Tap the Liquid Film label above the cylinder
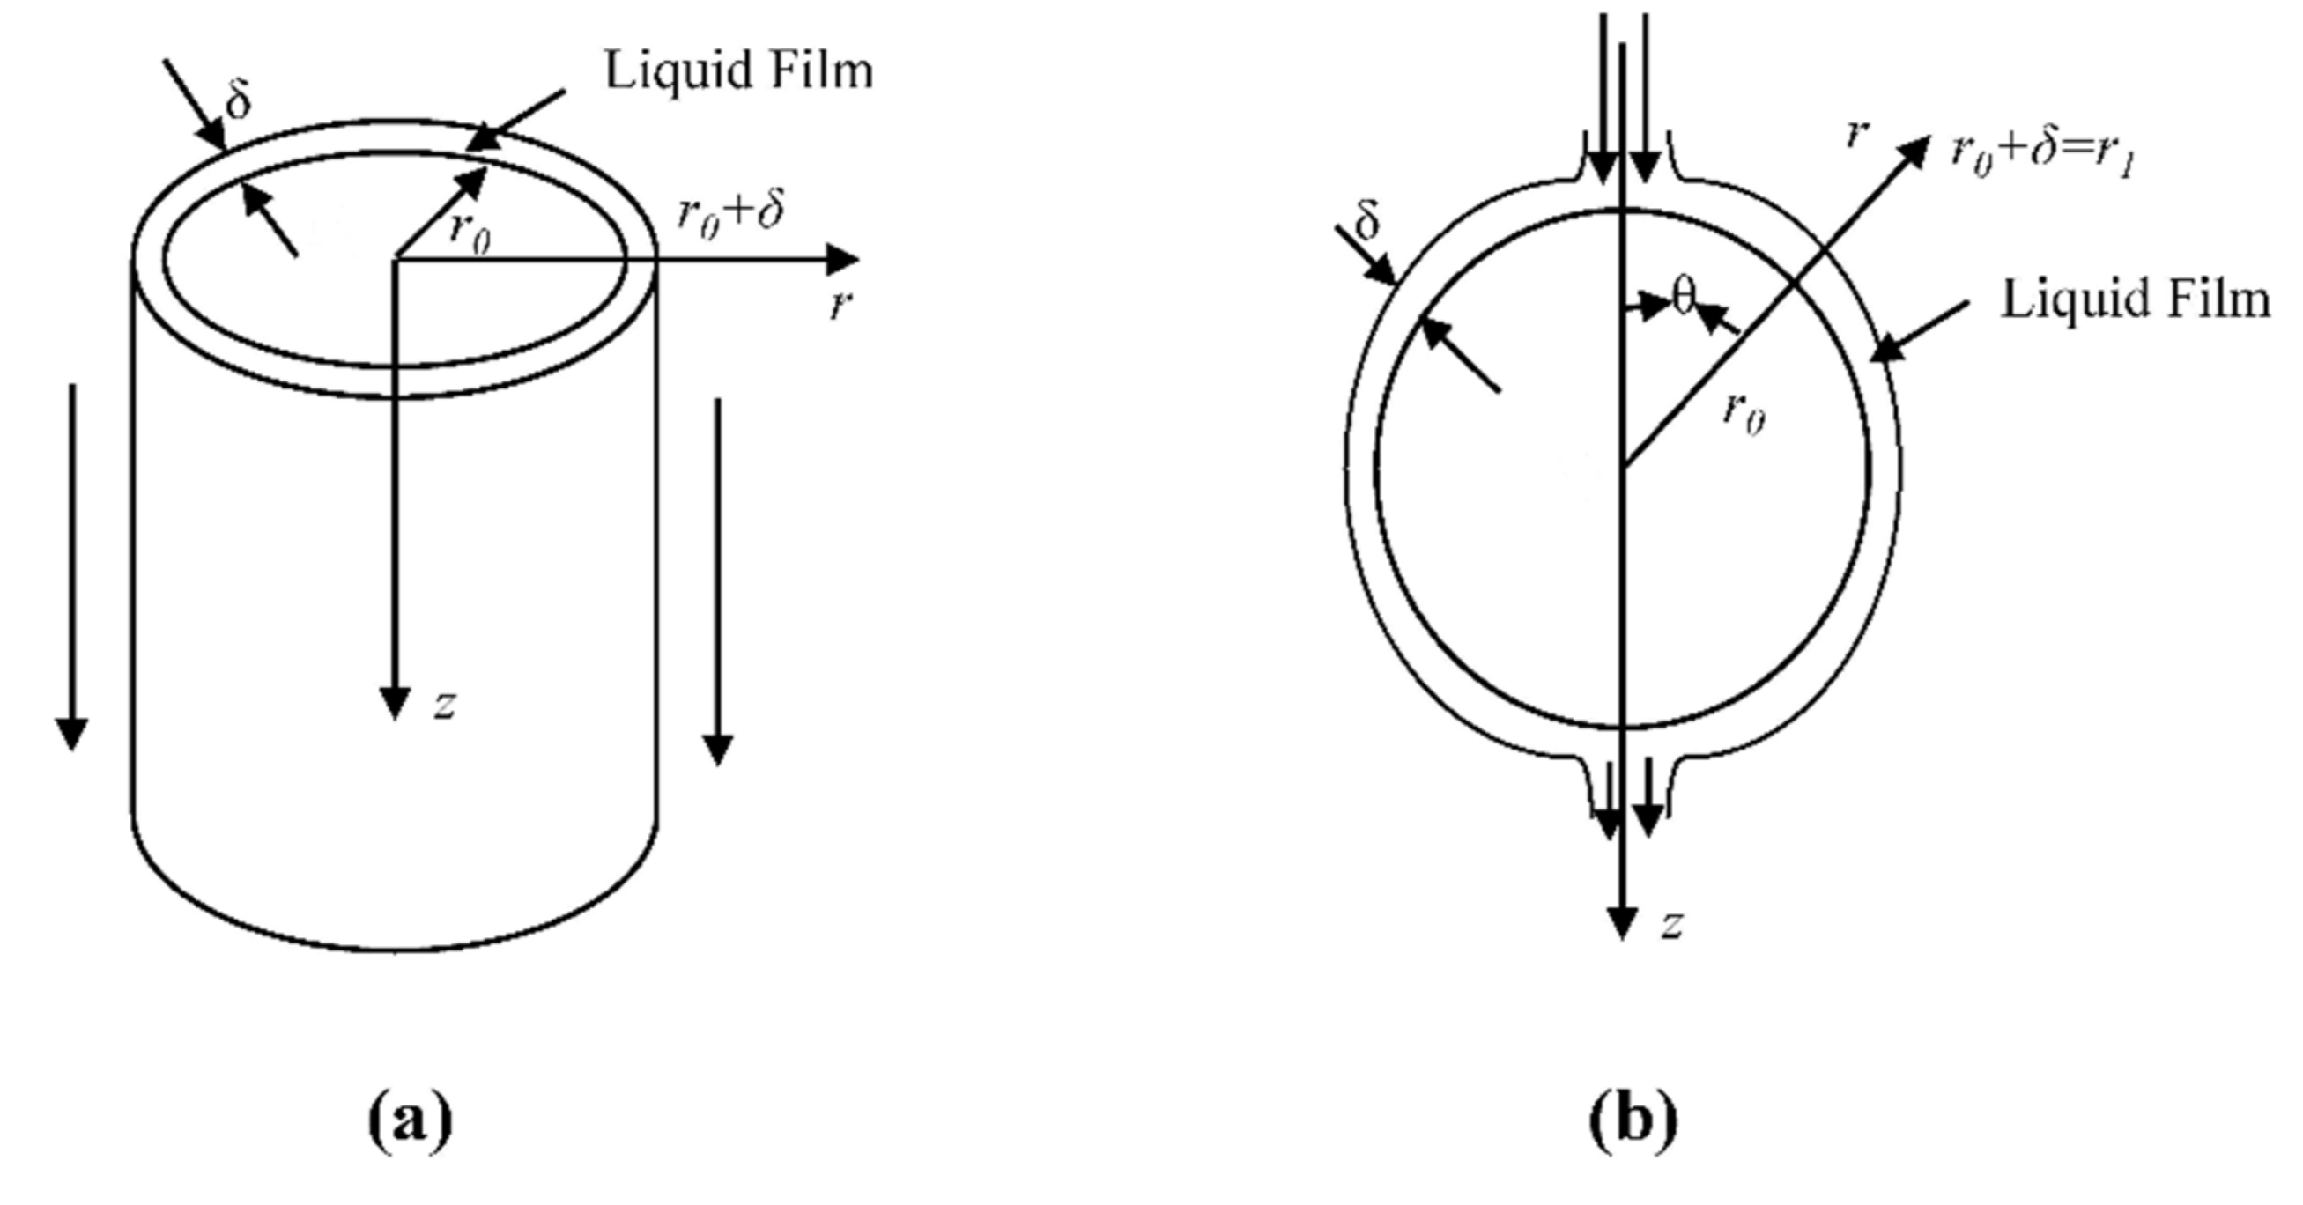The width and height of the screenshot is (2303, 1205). click(738, 70)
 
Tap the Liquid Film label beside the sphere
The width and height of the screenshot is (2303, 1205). click(2135, 300)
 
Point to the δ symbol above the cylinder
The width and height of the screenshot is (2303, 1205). click(238, 102)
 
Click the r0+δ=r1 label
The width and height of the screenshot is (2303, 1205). click(2044, 157)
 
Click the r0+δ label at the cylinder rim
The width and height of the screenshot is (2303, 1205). click(730, 215)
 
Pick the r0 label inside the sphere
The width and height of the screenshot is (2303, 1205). click(1744, 413)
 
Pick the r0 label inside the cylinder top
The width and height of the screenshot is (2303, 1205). click(470, 231)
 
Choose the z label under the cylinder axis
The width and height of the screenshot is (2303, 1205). click(444, 706)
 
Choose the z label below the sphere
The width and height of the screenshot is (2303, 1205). click(1671, 926)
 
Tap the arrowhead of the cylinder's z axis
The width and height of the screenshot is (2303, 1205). click(395, 704)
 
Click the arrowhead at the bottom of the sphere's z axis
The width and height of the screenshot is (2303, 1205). click(1622, 922)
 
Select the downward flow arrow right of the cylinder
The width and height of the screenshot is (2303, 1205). click(718, 581)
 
